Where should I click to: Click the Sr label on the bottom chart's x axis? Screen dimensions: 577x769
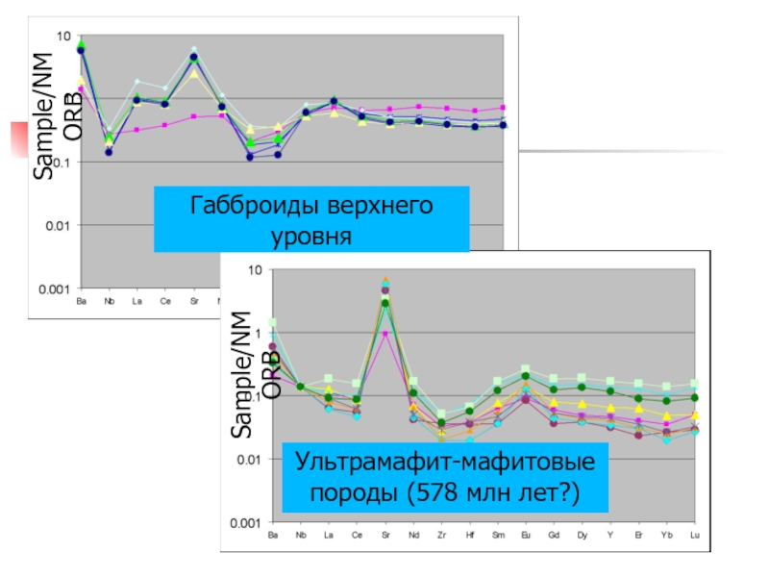[x=385, y=534]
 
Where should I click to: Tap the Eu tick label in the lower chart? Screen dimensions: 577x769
[x=525, y=534]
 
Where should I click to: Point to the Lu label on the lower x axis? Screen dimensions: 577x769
[x=694, y=534]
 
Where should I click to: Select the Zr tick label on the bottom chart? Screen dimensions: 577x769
[x=441, y=534]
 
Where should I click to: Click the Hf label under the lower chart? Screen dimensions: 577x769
[x=469, y=534]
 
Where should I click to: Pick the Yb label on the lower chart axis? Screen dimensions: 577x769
[x=666, y=534]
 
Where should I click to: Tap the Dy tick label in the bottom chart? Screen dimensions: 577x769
[x=582, y=534]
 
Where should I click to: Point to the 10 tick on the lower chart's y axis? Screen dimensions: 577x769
[x=255, y=270]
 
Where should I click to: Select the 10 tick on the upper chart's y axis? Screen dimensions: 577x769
[x=63, y=37]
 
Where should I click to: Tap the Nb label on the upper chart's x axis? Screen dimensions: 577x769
[x=109, y=300]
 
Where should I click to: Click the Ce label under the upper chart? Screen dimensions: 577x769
[x=165, y=300]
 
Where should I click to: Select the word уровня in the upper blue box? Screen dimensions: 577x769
[x=311, y=235]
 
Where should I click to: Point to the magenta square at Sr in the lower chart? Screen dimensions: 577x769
[x=385, y=334]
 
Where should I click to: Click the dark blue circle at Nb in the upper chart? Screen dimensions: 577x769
[x=109, y=152]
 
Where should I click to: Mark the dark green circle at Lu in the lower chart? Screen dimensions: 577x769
[x=694, y=397]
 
